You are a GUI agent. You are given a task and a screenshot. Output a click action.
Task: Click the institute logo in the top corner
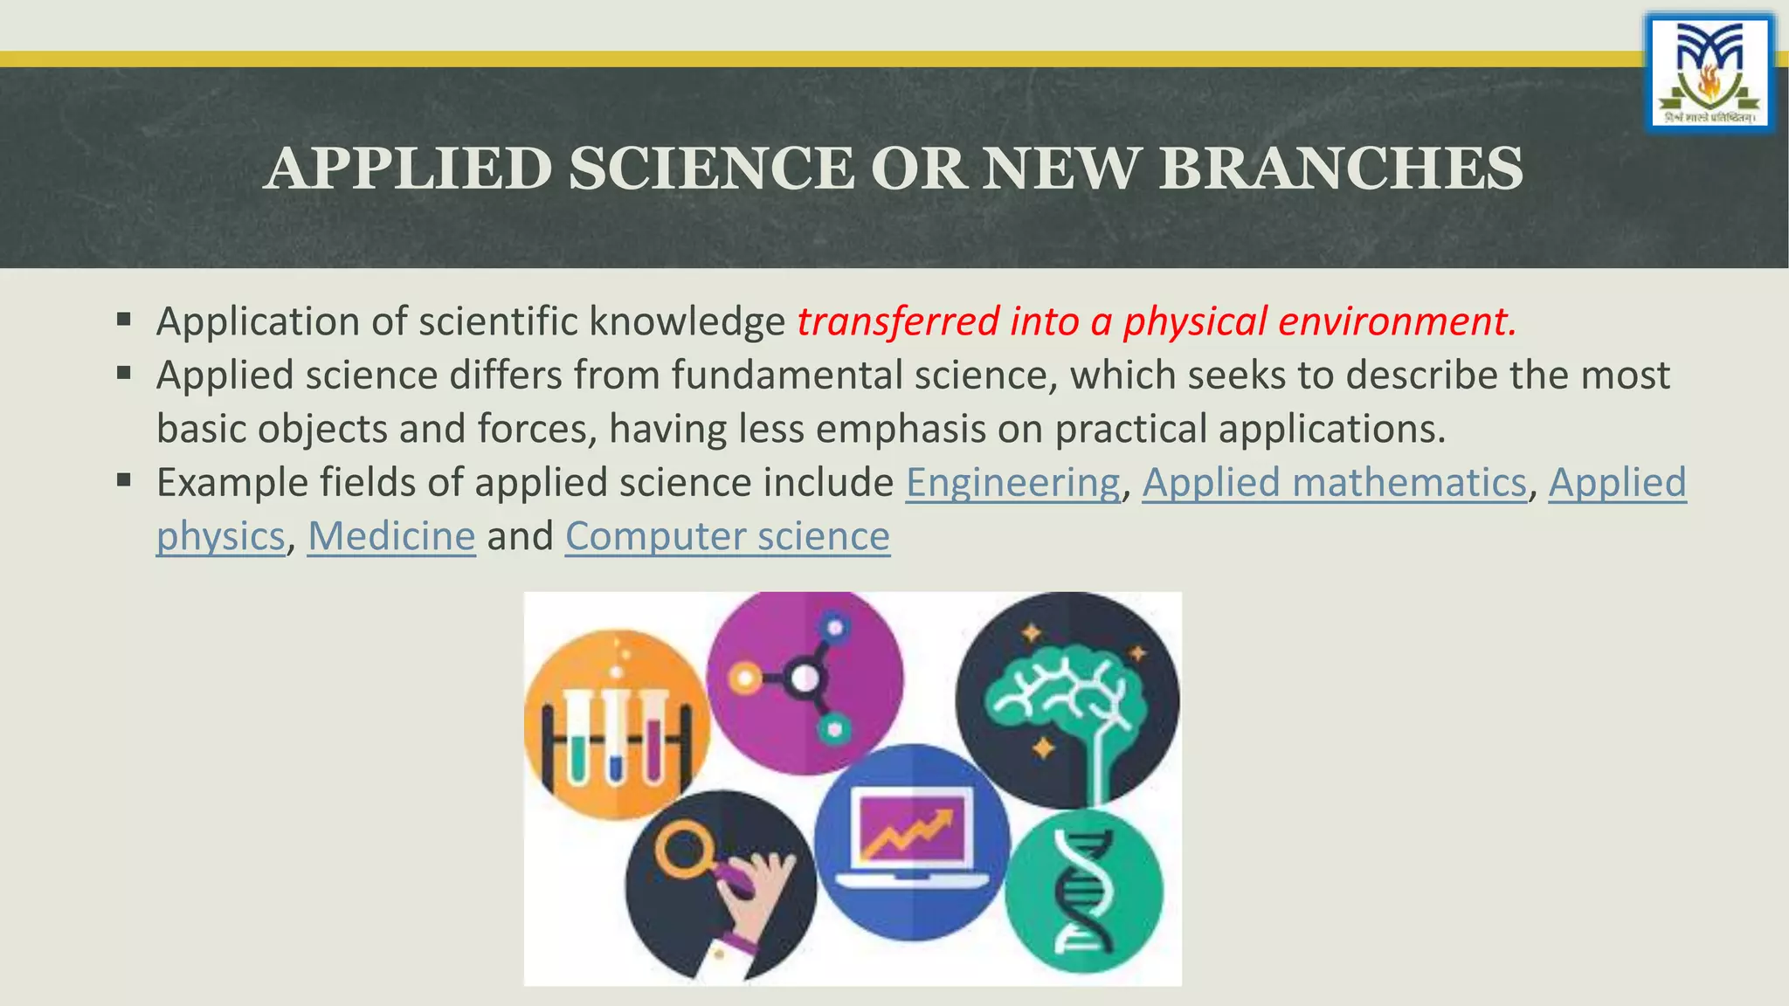1710,73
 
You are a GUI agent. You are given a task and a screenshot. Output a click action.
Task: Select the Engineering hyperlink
1012,483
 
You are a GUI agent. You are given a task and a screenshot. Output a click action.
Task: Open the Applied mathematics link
1334,483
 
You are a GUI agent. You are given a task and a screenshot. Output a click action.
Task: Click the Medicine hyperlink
391,536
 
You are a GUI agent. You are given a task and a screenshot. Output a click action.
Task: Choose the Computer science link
727,536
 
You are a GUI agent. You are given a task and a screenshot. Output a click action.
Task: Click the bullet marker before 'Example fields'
123,479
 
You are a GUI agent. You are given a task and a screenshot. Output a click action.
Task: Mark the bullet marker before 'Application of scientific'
123,319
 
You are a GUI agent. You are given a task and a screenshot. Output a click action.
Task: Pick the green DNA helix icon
1083,891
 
